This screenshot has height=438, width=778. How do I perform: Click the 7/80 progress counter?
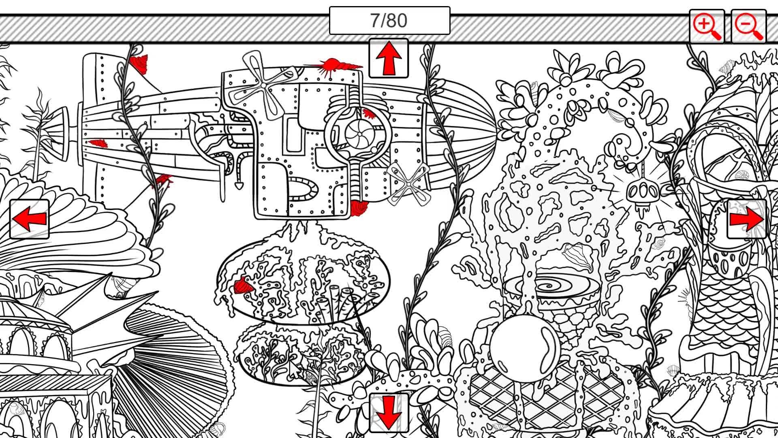pyautogui.click(x=389, y=21)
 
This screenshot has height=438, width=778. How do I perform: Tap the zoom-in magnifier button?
pyautogui.click(x=707, y=26)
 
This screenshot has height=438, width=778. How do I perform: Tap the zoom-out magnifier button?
pyautogui.click(x=748, y=26)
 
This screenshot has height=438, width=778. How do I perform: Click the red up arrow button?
pyautogui.click(x=388, y=58)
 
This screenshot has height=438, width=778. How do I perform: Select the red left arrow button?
pyautogui.click(x=29, y=219)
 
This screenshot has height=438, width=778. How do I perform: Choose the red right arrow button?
pyautogui.click(x=746, y=219)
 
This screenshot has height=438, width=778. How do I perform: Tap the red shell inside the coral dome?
pyautogui.click(x=243, y=287)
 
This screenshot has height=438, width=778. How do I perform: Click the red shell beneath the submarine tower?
pyautogui.click(x=358, y=208)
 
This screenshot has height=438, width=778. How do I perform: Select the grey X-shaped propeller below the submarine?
pyautogui.click(x=408, y=184)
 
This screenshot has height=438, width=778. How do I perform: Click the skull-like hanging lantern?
pyautogui.click(x=641, y=193)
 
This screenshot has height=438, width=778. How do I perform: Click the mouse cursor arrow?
pyautogui.click(x=294, y=369)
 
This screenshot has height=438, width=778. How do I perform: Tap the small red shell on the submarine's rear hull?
pyautogui.click(x=98, y=143)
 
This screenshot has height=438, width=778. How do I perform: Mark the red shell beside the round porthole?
pyautogui.click(x=368, y=113)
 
